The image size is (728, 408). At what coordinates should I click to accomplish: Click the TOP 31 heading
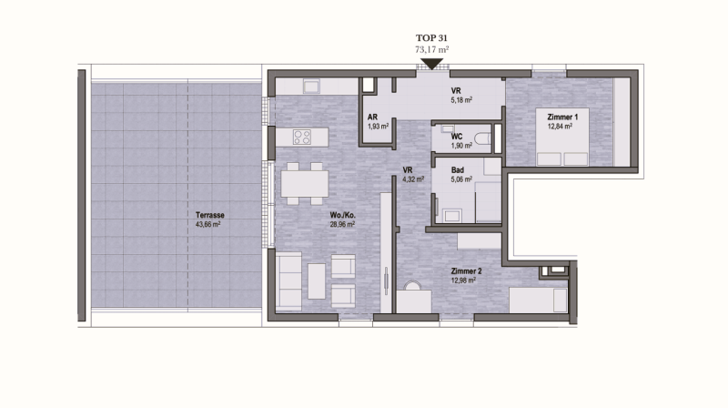pos(431,38)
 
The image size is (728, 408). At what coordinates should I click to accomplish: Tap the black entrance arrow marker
pos(431,65)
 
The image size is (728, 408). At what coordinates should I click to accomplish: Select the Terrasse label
pos(210,215)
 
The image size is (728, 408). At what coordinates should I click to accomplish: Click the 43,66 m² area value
pos(208,224)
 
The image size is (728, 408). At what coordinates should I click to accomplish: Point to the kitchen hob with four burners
pos(302,138)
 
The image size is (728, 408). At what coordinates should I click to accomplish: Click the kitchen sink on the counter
pos(311,86)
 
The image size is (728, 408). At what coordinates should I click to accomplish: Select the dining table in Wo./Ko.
pos(305,184)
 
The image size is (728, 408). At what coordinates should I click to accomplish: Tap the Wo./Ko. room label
pos(343,215)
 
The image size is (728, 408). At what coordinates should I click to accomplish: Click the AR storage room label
pos(372,117)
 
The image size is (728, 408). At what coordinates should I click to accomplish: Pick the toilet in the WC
pos(483,138)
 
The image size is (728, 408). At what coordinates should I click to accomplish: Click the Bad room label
pos(458,170)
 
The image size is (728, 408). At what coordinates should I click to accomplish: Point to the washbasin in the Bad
pos(451,215)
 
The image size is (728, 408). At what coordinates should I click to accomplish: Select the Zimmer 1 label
pos(562,117)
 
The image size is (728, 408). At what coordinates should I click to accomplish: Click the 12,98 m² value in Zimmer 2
pos(463,280)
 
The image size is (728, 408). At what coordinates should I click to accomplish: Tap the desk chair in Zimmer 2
pos(412,286)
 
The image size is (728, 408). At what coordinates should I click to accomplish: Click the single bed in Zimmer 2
pos(539,301)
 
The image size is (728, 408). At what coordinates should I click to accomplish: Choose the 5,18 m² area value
pos(461,100)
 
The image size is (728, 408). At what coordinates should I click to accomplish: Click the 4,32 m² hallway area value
pos(413,178)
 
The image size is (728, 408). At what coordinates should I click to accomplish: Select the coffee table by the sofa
pos(317,281)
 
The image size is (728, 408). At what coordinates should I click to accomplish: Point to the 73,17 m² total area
pos(431,49)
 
